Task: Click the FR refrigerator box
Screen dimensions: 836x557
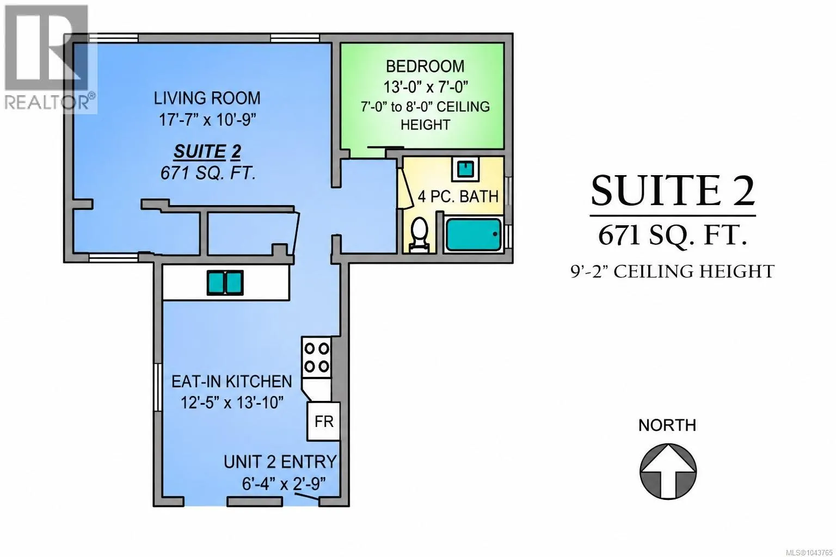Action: (x=323, y=421)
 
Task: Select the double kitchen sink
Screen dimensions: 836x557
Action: (x=225, y=283)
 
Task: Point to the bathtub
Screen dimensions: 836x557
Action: (x=474, y=234)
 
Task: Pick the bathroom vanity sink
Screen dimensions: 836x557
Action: (x=465, y=169)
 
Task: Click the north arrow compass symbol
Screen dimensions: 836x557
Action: (x=668, y=471)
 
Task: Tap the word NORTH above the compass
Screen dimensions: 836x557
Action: (x=667, y=425)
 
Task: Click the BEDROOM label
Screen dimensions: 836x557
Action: (x=425, y=66)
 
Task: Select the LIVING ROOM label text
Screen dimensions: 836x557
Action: (x=207, y=98)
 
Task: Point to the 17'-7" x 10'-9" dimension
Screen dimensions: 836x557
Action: (x=207, y=120)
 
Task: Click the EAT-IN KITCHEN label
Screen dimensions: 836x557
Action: (x=231, y=381)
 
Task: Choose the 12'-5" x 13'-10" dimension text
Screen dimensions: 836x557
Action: (x=232, y=403)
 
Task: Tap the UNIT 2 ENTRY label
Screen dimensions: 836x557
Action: (x=280, y=462)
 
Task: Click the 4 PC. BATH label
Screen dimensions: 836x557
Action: (x=458, y=196)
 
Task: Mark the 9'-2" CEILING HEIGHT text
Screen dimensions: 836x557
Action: (x=673, y=271)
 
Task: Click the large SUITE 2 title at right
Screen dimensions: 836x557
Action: (x=673, y=191)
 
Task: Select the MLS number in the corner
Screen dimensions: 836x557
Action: (x=812, y=553)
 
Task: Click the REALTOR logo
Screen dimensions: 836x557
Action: (x=50, y=58)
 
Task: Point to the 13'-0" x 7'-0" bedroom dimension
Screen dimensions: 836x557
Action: (x=426, y=87)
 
